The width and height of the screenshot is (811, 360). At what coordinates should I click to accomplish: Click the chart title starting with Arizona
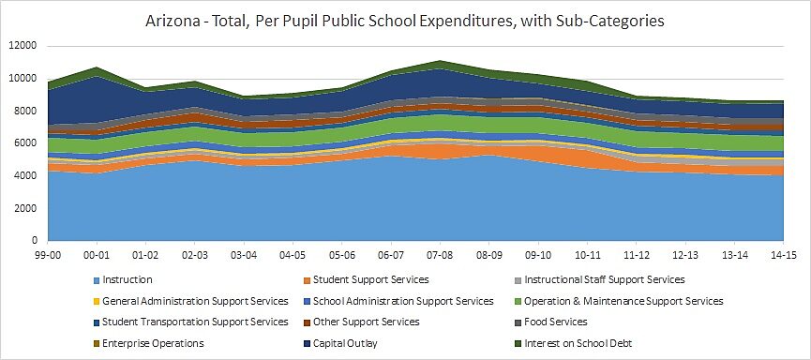[x=404, y=20]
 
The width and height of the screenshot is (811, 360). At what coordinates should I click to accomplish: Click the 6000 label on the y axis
[x=25, y=143]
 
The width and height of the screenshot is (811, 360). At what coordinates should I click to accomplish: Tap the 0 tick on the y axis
[x=34, y=241]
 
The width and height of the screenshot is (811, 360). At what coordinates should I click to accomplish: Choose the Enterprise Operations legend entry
[x=153, y=343]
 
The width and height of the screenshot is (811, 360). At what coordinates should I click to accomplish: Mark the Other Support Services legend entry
[x=367, y=322]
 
